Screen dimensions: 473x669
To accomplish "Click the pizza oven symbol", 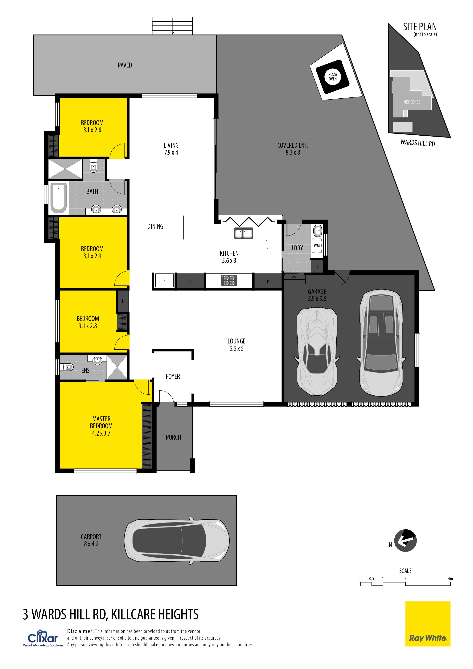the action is [x=332, y=77].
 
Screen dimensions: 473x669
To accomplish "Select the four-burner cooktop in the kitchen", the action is [x=229, y=280].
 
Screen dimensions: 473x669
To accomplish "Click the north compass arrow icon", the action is [x=405, y=540].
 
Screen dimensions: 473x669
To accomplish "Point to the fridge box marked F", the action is [x=164, y=281].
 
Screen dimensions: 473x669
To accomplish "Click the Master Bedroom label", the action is [x=101, y=426].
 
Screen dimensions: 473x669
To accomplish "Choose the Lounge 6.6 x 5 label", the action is [x=236, y=345].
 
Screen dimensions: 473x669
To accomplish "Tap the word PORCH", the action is [x=173, y=437].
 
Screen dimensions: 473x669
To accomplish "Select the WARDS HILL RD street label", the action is [x=418, y=143].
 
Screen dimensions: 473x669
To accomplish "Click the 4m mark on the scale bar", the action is [x=450, y=579].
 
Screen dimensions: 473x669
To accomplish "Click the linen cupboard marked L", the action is [x=123, y=301].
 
